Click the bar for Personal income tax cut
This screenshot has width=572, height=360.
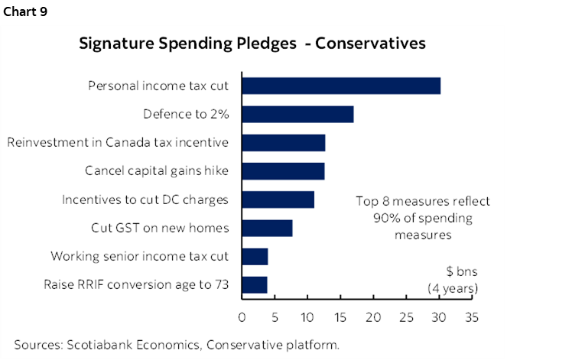tap(341, 86)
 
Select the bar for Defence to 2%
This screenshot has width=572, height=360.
tap(297, 114)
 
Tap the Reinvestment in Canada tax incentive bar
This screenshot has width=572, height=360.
tap(284, 142)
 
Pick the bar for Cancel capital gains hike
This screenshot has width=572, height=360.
tap(283, 171)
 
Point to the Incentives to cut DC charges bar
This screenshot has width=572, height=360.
tap(278, 199)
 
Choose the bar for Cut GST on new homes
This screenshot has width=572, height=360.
tap(267, 228)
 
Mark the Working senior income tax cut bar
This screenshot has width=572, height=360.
tap(255, 256)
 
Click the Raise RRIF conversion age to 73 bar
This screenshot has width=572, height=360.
tap(255, 285)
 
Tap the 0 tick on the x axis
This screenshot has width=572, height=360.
tap(242, 317)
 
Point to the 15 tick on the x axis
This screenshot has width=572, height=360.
tap(340, 317)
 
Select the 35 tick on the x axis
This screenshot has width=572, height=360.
tap(471, 317)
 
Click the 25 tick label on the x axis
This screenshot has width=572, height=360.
tap(406, 317)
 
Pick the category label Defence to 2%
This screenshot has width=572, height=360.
tap(190, 114)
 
